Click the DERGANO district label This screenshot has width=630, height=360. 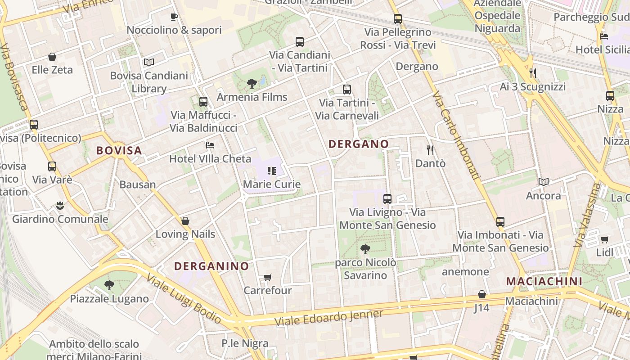click(x=359, y=144)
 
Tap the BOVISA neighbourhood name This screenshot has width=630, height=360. click(x=119, y=150)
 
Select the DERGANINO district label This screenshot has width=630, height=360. click(x=211, y=266)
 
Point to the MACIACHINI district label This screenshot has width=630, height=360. click(x=544, y=281)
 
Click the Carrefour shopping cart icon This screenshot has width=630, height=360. click(x=268, y=277)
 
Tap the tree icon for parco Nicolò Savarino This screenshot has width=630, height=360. click(x=365, y=249)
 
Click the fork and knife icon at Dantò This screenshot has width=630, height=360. click(x=430, y=150)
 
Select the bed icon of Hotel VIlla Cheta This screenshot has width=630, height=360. click(x=210, y=145)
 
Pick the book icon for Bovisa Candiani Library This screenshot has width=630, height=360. click(x=149, y=62)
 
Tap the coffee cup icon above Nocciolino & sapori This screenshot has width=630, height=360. click(x=174, y=17)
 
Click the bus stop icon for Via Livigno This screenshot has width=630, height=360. click(x=387, y=198)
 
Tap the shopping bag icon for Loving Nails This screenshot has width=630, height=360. click(x=185, y=221)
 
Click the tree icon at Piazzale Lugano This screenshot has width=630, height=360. click(x=109, y=285)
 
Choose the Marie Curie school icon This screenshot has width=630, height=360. click(x=271, y=171)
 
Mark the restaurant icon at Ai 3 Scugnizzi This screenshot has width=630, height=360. click(x=533, y=73)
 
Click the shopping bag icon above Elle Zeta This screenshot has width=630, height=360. click(x=52, y=57)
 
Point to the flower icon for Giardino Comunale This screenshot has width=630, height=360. click(x=60, y=206)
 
